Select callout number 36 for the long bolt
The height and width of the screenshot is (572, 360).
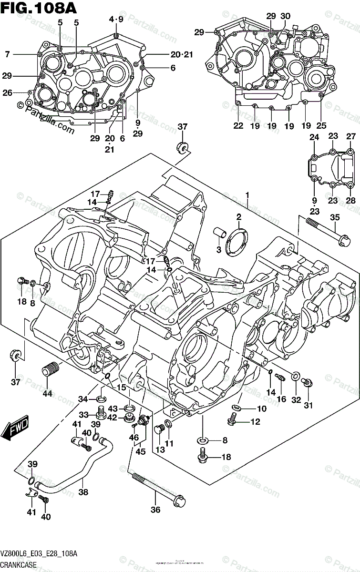click(156, 510)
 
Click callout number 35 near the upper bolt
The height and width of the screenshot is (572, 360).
click(335, 218)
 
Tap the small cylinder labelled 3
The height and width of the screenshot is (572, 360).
click(220, 233)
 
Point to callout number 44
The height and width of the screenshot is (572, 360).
click(47, 394)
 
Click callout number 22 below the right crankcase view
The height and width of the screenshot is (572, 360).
click(238, 126)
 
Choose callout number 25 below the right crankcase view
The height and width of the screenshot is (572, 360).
click(321, 126)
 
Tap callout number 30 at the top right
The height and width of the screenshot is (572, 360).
click(285, 16)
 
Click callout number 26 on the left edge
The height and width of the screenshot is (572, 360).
click(8, 93)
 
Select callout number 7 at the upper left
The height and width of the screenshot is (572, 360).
click(8, 55)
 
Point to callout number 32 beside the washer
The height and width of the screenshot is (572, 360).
click(296, 400)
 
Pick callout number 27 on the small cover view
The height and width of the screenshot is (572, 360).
click(351, 137)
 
